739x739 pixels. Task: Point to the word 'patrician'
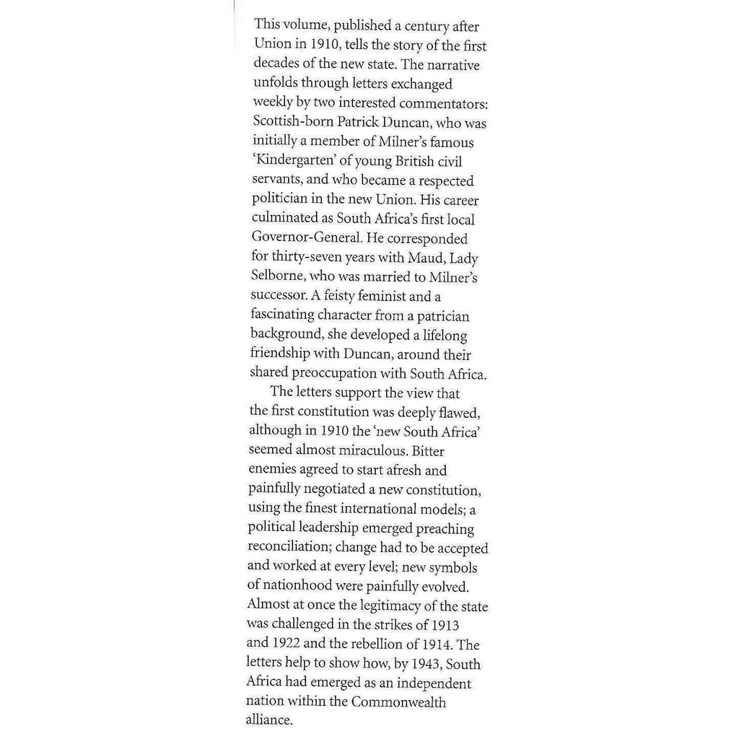(441, 315)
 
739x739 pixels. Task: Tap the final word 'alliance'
(271, 720)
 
